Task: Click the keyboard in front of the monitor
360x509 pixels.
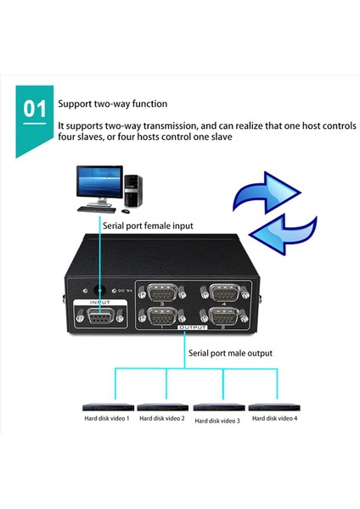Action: click(98, 208)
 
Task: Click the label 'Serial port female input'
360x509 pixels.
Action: click(149, 227)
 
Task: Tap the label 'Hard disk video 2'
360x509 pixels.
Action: click(161, 418)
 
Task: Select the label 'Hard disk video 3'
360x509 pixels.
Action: click(217, 420)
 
